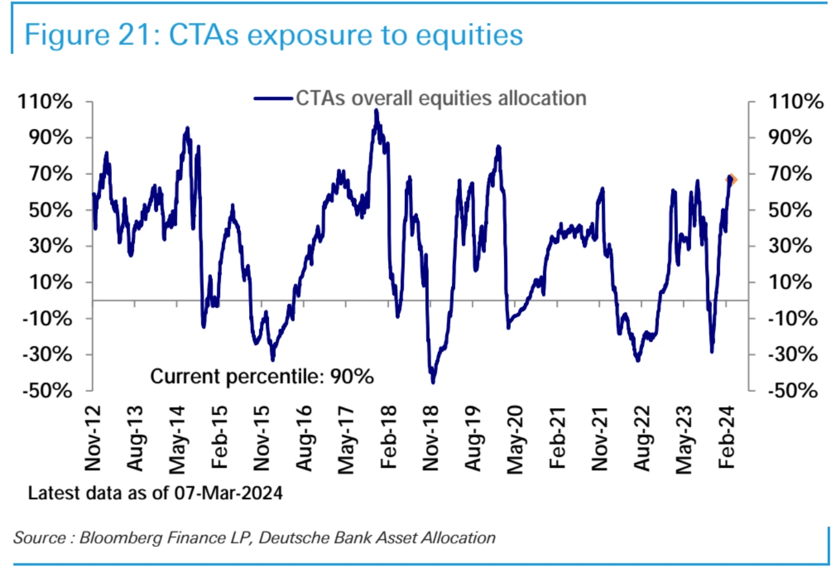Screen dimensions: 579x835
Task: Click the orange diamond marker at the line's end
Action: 732,179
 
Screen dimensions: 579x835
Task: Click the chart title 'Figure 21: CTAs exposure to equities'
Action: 273,35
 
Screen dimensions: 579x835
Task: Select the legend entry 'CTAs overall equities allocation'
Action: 440,98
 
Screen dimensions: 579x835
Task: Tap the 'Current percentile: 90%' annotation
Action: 262,377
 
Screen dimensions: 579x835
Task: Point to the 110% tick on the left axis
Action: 45,101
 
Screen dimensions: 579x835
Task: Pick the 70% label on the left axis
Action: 51,174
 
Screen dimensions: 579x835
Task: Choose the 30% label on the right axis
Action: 790,246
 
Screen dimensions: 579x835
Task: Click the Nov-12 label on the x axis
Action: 93,438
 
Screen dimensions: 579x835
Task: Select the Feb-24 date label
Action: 727,438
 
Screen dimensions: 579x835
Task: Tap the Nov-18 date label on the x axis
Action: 431,438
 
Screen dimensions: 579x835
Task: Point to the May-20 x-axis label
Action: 516,439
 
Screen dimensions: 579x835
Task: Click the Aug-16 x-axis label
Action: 304,438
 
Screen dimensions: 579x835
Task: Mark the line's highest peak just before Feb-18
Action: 377,111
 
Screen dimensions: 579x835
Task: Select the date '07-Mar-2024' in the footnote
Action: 229,494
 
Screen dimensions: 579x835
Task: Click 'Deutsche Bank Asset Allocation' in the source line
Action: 377,537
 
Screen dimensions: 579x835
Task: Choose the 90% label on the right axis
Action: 790,137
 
